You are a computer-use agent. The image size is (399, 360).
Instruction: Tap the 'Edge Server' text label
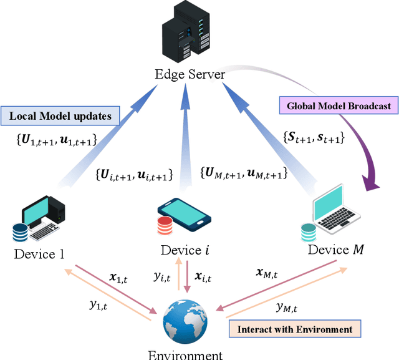pos(190,75)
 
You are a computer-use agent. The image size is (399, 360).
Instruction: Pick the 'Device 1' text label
pos(40,253)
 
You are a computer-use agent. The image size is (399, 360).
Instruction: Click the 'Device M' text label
pos(337,250)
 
